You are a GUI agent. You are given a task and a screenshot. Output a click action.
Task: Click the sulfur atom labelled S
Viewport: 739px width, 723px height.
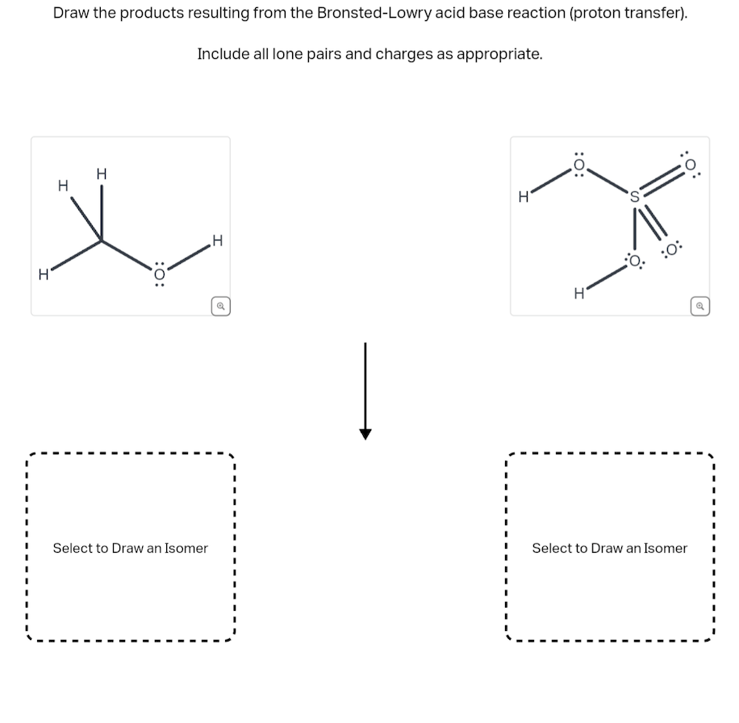coord(635,196)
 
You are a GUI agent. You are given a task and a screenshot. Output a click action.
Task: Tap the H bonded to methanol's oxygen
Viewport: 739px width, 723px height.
coord(216,240)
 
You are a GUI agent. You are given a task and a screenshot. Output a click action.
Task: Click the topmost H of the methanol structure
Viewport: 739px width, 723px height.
coord(101,173)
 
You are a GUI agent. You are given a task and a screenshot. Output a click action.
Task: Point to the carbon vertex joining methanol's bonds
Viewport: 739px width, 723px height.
coord(101,239)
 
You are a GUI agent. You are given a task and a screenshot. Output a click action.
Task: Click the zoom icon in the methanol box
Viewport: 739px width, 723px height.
coord(219,306)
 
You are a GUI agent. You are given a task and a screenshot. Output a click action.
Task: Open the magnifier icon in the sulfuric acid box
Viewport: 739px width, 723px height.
coord(699,306)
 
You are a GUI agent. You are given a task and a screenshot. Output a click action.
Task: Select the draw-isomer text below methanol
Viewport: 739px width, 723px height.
coord(130,548)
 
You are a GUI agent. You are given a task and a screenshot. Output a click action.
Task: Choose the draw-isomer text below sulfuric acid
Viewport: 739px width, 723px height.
coord(609,548)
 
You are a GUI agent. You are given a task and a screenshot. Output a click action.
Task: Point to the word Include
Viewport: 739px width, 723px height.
coord(222,54)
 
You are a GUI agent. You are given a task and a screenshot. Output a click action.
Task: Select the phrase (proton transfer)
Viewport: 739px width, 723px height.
coord(628,14)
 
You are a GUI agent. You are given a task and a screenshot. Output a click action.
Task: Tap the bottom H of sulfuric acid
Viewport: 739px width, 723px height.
coord(578,293)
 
